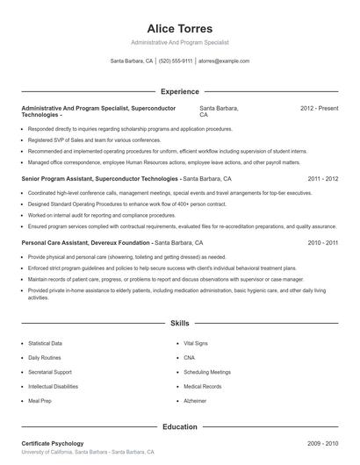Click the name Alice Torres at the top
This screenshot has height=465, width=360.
[179, 28]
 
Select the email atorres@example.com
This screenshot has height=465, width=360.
[224, 61]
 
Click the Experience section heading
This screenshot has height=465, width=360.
[179, 91]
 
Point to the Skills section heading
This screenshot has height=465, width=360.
[179, 323]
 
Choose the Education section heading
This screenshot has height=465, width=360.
[179, 427]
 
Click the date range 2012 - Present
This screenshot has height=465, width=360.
[319, 108]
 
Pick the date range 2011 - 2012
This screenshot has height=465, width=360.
[321, 178]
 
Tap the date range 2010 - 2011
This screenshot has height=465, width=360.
[321, 242]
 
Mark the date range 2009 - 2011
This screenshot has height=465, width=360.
[321, 444]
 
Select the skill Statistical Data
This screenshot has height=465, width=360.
[46, 344]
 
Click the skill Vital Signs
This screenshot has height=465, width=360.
[197, 344]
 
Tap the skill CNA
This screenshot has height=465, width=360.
[190, 358]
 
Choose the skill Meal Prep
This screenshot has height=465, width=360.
[39, 400]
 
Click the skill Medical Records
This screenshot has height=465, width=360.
[202, 386]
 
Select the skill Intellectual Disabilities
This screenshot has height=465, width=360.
[53, 386]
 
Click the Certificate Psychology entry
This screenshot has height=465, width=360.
[53, 444]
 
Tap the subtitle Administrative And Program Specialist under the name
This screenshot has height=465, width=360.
[179, 43]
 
